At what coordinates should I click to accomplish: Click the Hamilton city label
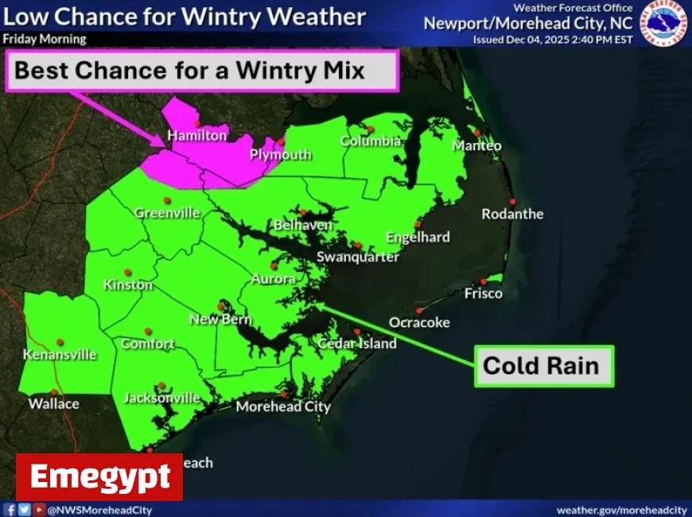[197, 136]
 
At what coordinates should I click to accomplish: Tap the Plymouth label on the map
[281, 154]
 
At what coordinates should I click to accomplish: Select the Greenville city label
[167, 213]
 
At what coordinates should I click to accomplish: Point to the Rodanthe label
[512, 214]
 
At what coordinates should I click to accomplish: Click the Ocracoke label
[419, 322]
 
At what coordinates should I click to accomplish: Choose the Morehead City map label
[283, 406]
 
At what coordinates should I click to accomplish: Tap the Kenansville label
[60, 355]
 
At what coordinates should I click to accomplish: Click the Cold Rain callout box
[544, 366]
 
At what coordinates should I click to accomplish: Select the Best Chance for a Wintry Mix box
[203, 71]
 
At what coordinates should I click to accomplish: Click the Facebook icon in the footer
[10, 509]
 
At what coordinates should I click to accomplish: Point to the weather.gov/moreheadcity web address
[621, 509]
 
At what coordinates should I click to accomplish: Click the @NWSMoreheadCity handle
[99, 509]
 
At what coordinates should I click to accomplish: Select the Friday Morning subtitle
[45, 39]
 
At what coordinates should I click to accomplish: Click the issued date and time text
[553, 39]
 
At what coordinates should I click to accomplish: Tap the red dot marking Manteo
[476, 133]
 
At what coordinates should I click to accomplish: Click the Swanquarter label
[358, 257]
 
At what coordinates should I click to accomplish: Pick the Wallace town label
[54, 404]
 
